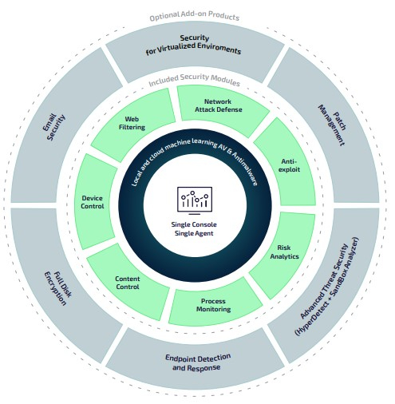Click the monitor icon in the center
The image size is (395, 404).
click(195, 200)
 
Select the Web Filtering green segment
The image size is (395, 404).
click(133, 125)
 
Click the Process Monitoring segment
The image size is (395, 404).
click(213, 303)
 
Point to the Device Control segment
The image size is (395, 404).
click(93, 202)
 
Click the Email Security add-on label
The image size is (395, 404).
click(53, 127)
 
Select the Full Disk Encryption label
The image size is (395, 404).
click(57, 288)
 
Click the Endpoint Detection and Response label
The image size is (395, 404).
click(198, 362)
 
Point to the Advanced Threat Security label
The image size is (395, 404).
click(324, 281)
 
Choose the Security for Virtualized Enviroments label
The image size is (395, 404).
click(193, 45)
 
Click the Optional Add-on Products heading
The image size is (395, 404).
click(195, 16)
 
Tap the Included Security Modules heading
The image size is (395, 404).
click(195, 80)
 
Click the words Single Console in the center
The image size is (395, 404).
click(194, 224)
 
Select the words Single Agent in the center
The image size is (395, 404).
click(194, 233)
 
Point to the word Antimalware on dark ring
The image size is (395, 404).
click(245, 169)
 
